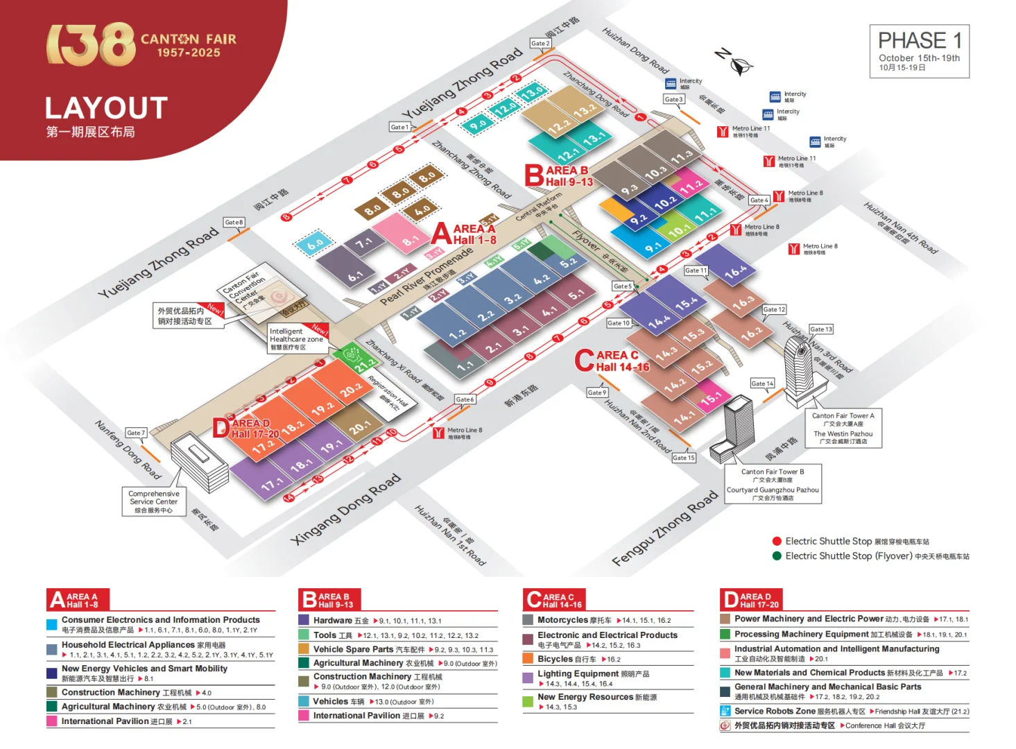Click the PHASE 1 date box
pos(919,51)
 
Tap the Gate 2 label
pos(540,43)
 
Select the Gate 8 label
pos(234,223)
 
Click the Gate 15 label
pos(683,458)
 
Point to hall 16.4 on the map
pos(734,271)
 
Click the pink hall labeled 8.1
pos(409,240)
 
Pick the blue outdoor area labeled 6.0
pos(316,243)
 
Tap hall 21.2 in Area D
pos(365,364)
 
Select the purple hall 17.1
pos(272,483)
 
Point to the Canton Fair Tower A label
pos(843,415)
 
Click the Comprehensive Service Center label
pos(153,501)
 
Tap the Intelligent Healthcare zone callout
pos(297,338)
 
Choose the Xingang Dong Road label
pos(345,508)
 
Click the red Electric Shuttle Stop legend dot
pos(777,541)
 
